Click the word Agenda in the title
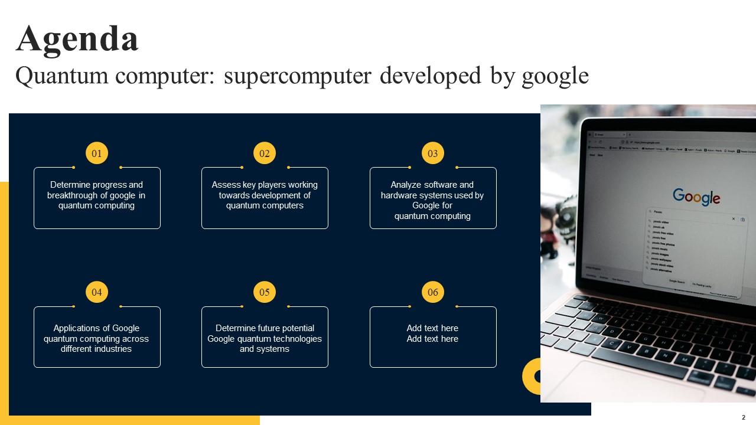tap(77, 39)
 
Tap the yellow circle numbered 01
tap(97, 153)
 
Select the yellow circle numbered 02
tap(265, 153)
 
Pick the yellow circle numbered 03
tap(433, 153)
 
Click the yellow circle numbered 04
tap(97, 292)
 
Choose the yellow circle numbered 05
tap(265, 292)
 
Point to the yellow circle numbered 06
tap(433, 292)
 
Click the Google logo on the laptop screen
tap(696, 197)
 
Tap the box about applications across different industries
tap(97, 338)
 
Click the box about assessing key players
tap(265, 198)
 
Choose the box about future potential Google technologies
tap(265, 338)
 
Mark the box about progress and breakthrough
tap(97, 198)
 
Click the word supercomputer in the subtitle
tap(298, 76)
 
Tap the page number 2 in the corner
tap(744, 417)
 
